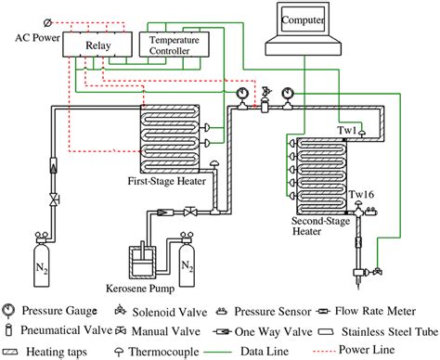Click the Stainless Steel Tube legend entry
point(370,325)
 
